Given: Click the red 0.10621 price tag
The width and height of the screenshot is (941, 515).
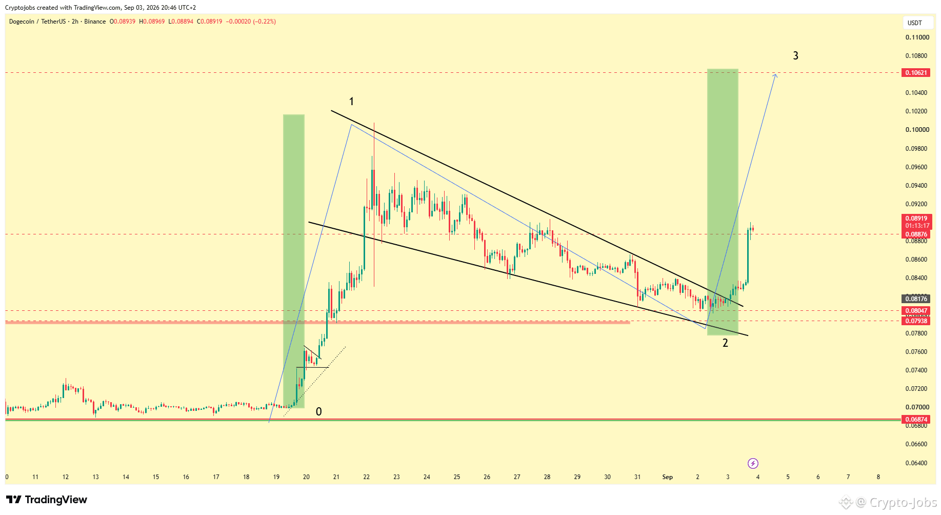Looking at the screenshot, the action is click(x=915, y=73).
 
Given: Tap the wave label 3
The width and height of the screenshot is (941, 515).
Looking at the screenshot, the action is click(x=795, y=55).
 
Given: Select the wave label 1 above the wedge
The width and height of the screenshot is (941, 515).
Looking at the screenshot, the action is click(x=351, y=102).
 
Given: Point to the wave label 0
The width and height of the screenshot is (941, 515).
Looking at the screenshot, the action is click(x=318, y=411).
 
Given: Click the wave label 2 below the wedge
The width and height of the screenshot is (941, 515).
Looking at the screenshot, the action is click(x=725, y=343).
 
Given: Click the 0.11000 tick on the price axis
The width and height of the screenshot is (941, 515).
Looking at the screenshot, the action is click(x=917, y=37).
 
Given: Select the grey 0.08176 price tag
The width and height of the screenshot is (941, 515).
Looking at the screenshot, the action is click(x=915, y=299).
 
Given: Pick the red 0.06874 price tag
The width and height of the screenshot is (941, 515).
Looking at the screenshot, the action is click(x=915, y=420).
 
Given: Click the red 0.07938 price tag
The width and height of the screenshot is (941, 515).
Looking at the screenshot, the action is click(x=915, y=321).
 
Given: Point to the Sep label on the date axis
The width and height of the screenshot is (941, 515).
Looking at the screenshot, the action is click(x=667, y=477).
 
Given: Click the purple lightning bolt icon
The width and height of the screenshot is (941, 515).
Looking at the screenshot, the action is click(x=753, y=464).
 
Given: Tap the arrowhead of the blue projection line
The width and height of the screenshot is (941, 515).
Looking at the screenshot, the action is click(x=775, y=75).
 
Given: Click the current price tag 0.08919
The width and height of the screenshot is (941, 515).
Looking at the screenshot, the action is click(x=916, y=219).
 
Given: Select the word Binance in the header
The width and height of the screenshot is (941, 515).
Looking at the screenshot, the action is click(x=95, y=22).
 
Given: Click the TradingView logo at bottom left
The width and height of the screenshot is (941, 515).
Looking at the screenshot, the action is click(x=47, y=500).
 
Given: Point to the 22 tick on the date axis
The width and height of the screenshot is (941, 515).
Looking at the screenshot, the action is click(x=366, y=477).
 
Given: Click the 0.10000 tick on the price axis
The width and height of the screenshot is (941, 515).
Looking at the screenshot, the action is click(x=917, y=130).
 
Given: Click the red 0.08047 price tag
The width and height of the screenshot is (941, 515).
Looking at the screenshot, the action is click(x=915, y=311).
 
